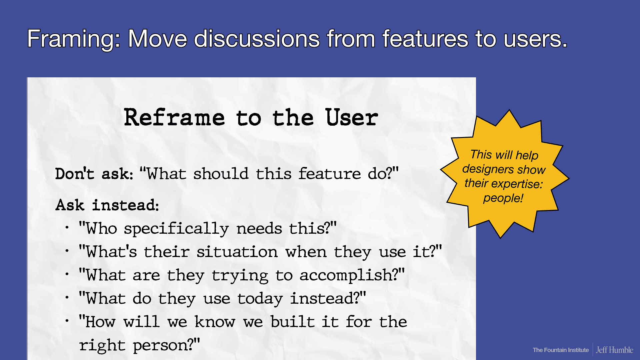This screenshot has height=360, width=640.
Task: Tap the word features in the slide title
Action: [425, 39]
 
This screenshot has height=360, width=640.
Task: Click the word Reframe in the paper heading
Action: [174, 118]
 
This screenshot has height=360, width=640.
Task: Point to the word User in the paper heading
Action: [352, 118]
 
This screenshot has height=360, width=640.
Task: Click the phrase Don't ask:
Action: [94, 174]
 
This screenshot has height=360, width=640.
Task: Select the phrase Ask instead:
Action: [107, 205]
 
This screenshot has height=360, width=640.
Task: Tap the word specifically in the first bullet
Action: [176, 229]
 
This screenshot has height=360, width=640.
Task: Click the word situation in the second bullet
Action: [237, 252]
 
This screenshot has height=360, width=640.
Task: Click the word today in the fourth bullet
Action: [260, 299]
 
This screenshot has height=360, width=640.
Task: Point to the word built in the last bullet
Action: [292, 322]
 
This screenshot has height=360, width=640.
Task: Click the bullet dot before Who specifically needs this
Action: [67, 228]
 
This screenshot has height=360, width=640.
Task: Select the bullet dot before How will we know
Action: [67, 321]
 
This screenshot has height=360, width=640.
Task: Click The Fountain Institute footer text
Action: [561, 350]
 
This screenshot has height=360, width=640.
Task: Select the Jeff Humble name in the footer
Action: [614, 350]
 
